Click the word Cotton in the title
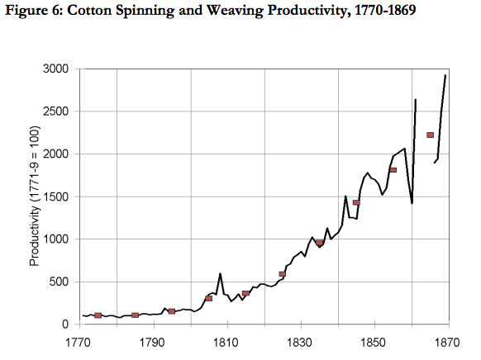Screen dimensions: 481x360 pyautogui.click(x=89, y=10)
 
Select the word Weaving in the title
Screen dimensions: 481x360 pyautogui.click(x=235, y=11)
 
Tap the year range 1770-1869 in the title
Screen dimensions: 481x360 pyautogui.click(x=384, y=10)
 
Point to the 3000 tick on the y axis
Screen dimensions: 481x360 pyautogui.click(x=56, y=69)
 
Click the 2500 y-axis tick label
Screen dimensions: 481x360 pyautogui.click(x=56, y=111)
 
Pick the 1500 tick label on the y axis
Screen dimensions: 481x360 pyautogui.click(x=56, y=197)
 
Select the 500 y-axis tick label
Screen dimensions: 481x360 pyautogui.click(x=59, y=282)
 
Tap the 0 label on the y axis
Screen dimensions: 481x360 pyautogui.click(x=65, y=324)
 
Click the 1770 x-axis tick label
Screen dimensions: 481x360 pyautogui.click(x=79, y=342)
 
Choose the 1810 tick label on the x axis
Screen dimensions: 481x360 pyautogui.click(x=226, y=342)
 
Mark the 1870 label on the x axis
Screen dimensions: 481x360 pyautogui.click(x=447, y=342)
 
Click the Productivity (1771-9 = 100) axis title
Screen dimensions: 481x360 pyautogui.click(x=35, y=196)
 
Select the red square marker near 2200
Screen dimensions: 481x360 pyautogui.click(x=430, y=135)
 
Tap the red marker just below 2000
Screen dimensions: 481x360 pyautogui.click(x=393, y=170)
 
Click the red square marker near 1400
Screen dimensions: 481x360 pyautogui.click(x=356, y=202)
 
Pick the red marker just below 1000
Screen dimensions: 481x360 pyautogui.click(x=319, y=243)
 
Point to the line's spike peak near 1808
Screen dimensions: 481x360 pyautogui.click(x=221, y=273)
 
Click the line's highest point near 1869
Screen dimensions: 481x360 pyautogui.click(x=445, y=75)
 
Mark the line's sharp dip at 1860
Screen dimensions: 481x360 pyautogui.click(x=412, y=203)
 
